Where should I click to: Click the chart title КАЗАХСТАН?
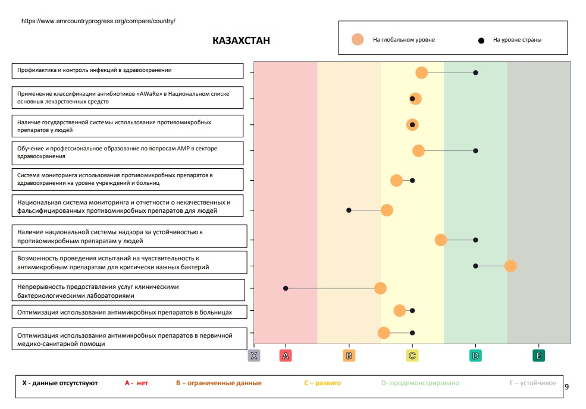pyautogui.click(x=241, y=40)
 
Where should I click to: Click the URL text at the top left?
pyautogui.click(x=98, y=21)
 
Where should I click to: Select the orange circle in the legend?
pyautogui.click(x=358, y=40)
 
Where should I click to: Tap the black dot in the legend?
pyautogui.click(x=481, y=40)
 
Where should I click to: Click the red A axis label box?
pyautogui.click(x=286, y=355)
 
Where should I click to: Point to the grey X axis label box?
pyautogui.click(x=254, y=355)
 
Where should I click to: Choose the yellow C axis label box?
pyautogui.click(x=412, y=355)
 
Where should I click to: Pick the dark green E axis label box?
pyautogui.click(x=538, y=355)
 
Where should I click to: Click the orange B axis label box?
pyautogui.click(x=349, y=355)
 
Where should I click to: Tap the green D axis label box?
pyautogui.click(x=475, y=355)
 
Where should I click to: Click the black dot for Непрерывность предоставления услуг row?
pyautogui.click(x=286, y=288)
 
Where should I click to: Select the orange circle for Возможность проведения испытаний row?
pyautogui.click(x=510, y=266)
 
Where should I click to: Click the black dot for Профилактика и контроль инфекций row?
pyautogui.click(x=475, y=73)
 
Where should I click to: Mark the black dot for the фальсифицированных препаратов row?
pyautogui.click(x=349, y=210)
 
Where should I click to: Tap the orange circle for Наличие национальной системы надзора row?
pyautogui.click(x=441, y=240)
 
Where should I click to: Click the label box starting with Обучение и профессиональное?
pyautogui.click(x=128, y=153)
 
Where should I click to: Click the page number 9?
pyautogui.click(x=566, y=387)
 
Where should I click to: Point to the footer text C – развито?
pyautogui.click(x=322, y=383)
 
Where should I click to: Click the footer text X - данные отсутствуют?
pyautogui.click(x=60, y=383)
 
